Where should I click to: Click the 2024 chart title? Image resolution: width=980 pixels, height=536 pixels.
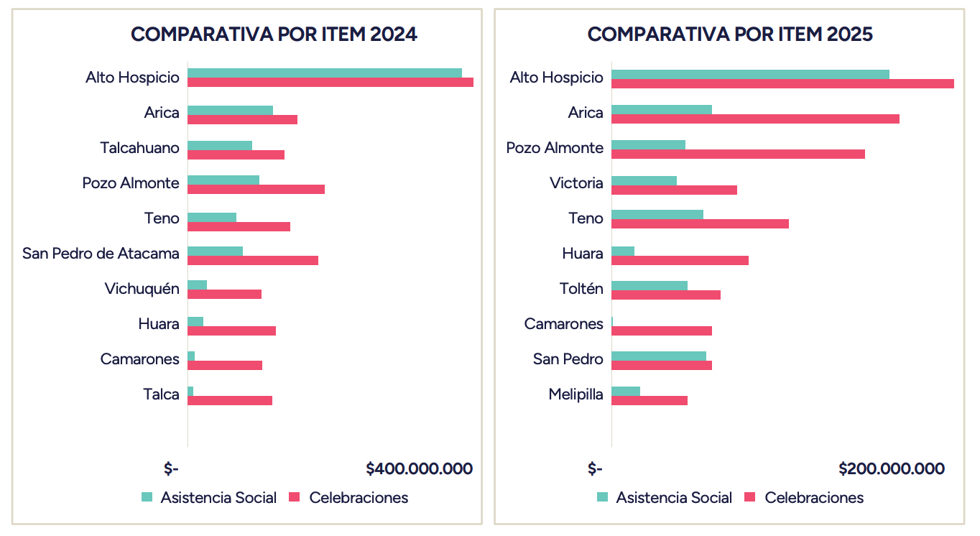274,34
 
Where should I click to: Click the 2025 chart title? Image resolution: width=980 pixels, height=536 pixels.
730,34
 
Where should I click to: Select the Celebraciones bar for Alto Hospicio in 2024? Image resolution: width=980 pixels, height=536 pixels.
330,82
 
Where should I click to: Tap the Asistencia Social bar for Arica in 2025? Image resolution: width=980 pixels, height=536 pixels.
661,109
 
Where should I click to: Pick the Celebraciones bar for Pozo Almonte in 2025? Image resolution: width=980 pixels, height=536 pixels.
738,154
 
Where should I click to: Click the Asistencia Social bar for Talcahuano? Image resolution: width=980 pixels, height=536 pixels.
220,146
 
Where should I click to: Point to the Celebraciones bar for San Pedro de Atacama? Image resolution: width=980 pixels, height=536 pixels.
252,259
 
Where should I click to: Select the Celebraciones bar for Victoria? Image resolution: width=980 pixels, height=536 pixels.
674,190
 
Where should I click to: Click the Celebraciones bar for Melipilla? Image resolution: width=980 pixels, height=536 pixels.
650,400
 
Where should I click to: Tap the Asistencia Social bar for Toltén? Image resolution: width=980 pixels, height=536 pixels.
650,285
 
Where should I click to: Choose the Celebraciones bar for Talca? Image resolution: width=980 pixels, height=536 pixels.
230,400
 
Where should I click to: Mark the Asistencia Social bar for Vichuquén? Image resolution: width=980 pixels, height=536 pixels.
197,285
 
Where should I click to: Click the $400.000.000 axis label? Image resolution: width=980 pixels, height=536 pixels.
419,469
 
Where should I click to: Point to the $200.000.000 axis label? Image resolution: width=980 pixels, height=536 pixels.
891,469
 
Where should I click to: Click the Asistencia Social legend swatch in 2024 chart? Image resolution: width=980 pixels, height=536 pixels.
147,497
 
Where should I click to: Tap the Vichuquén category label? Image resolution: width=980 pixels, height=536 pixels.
142,289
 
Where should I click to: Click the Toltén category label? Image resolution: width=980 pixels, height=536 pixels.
581,289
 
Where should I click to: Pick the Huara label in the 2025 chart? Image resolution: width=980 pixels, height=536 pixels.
582,254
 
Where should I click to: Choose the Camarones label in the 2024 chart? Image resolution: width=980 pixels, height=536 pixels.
139,359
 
